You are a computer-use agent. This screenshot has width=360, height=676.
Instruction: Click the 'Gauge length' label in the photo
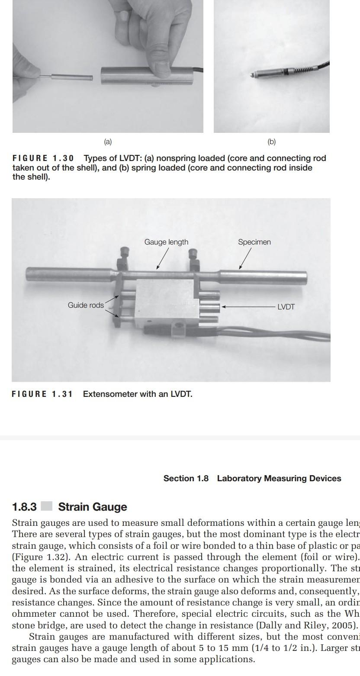166,242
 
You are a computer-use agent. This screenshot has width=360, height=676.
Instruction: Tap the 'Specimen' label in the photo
254,242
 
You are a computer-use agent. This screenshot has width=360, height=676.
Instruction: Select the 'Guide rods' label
86,305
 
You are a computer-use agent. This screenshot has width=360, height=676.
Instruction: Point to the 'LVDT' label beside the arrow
286,307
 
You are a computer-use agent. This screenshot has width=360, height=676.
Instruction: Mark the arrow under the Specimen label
244,258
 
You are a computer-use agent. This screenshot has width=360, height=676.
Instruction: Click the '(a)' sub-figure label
108,142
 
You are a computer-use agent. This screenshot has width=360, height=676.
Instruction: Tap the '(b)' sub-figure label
271,142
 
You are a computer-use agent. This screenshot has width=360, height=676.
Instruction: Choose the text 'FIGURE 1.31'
42,394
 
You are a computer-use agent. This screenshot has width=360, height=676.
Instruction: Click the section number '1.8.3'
24,507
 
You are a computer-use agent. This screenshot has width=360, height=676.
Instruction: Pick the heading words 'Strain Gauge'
93,507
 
